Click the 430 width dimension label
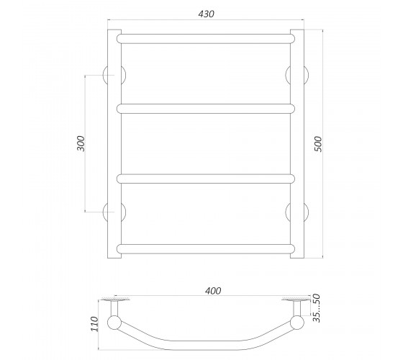pos(206,14)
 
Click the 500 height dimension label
pos(318,144)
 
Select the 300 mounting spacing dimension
pos(81,143)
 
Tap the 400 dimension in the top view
pos(213,291)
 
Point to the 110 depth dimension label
pos(94,324)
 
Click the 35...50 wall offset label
pos(317,308)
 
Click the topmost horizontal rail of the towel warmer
pos(206,39)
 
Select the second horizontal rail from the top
pos(206,109)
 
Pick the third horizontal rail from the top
pos(206,179)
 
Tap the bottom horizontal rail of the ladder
pos(206,249)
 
